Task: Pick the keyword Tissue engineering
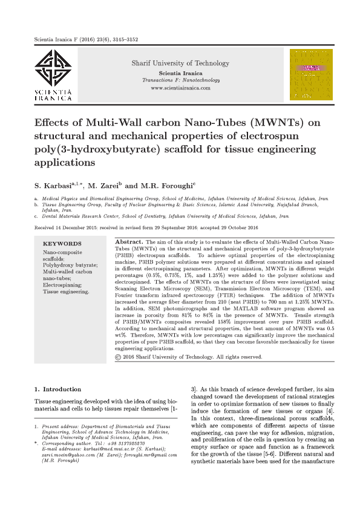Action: click(65, 291)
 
